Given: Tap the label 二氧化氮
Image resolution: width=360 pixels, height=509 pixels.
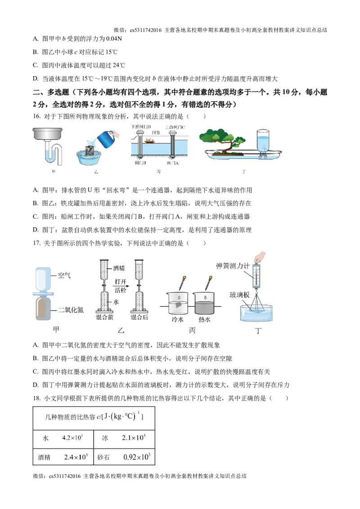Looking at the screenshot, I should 71,310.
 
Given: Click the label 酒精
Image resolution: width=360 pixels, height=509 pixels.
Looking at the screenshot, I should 119,268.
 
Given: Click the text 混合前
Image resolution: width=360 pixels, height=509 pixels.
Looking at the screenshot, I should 105,317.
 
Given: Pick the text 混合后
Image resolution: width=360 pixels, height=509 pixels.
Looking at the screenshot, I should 139,317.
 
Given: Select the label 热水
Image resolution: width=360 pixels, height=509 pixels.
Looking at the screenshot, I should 205,320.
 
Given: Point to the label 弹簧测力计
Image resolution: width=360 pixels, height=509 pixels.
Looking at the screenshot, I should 232,266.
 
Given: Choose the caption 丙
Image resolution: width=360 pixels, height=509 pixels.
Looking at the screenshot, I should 193,330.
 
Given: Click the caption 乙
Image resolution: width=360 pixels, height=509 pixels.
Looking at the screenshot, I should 121,330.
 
